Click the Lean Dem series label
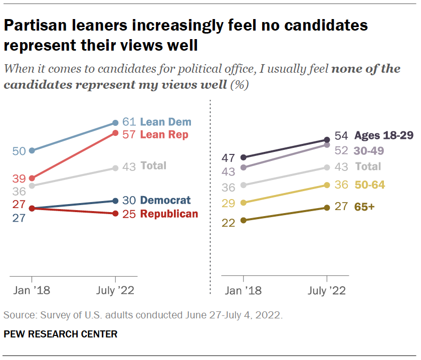pyautogui.click(x=165, y=122)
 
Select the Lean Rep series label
pyautogui.click(x=165, y=134)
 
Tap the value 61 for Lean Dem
pyautogui.click(x=129, y=122)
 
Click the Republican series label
pyautogui.click(x=169, y=214)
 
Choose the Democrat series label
pyautogui.click(x=165, y=201)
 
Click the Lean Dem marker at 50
pyautogui.click(x=32, y=150)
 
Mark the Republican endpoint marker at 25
pyautogui.click(x=116, y=214)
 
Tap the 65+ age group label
pyautogui.click(x=364, y=207)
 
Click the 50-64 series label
pyautogui.click(x=370, y=186)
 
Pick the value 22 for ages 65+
pyautogui.click(x=230, y=223)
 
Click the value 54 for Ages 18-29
pyautogui.click(x=341, y=136)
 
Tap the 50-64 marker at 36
pyautogui.click(x=327, y=186)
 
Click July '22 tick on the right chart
pyautogui.click(x=327, y=290)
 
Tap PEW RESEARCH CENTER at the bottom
pyautogui.click(x=61, y=334)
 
